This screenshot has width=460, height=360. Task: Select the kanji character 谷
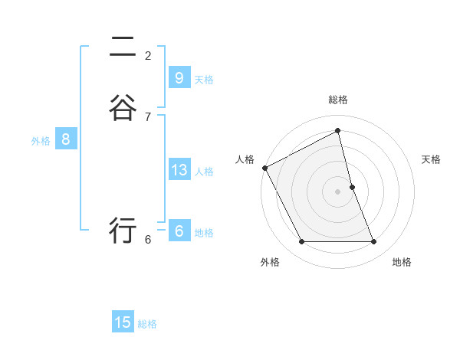(123, 106)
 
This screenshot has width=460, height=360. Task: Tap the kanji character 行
(123, 229)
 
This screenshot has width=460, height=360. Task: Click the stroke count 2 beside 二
(148, 56)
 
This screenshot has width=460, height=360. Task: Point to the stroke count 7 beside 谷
(148, 117)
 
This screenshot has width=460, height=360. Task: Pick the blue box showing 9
(179, 77)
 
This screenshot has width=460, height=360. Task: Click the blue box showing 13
(179, 170)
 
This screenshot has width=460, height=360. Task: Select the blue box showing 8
(66, 139)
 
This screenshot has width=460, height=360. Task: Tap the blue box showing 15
(123, 322)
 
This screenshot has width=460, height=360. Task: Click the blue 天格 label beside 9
(204, 79)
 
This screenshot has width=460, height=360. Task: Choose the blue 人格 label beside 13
(204, 172)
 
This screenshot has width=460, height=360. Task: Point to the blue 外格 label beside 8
(41, 141)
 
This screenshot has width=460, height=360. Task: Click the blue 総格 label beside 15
(147, 324)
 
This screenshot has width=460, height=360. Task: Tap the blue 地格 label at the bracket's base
(204, 233)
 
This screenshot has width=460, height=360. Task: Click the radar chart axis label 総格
(338, 100)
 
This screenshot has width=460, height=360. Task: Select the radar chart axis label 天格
(432, 159)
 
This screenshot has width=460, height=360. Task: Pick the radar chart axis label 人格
(245, 159)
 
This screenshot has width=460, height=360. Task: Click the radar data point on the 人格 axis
(264, 168)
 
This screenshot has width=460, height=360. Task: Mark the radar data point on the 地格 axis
(374, 242)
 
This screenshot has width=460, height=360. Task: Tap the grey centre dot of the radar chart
(338, 191)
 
